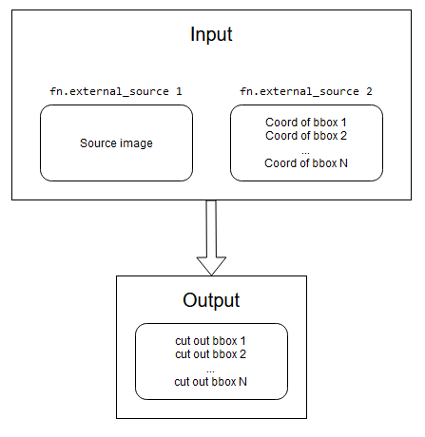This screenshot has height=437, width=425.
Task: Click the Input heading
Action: click(x=211, y=36)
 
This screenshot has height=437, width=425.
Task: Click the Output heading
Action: click(x=211, y=300)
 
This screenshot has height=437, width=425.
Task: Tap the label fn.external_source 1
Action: click(x=116, y=91)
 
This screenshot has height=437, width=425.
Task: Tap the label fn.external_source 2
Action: click(x=306, y=91)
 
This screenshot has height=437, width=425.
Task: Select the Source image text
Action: click(x=116, y=143)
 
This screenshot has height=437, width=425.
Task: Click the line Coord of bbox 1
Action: click(x=306, y=123)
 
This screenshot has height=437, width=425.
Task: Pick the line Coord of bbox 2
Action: click(x=306, y=136)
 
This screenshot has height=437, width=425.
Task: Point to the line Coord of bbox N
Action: click(x=306, y=163)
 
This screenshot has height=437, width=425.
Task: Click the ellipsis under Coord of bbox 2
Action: click(x=306, y=149)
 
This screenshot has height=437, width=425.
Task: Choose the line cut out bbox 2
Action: click(x=211, y=354)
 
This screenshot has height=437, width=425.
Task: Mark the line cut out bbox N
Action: click(x=211, y=382)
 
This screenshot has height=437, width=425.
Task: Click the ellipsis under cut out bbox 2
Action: click(x=211, y=369)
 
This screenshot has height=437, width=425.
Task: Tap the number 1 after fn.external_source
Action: click(x=179, y=91)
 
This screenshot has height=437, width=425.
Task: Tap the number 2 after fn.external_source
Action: click(x=369, y=91)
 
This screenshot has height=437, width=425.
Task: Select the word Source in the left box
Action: click(x=99, y=143)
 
